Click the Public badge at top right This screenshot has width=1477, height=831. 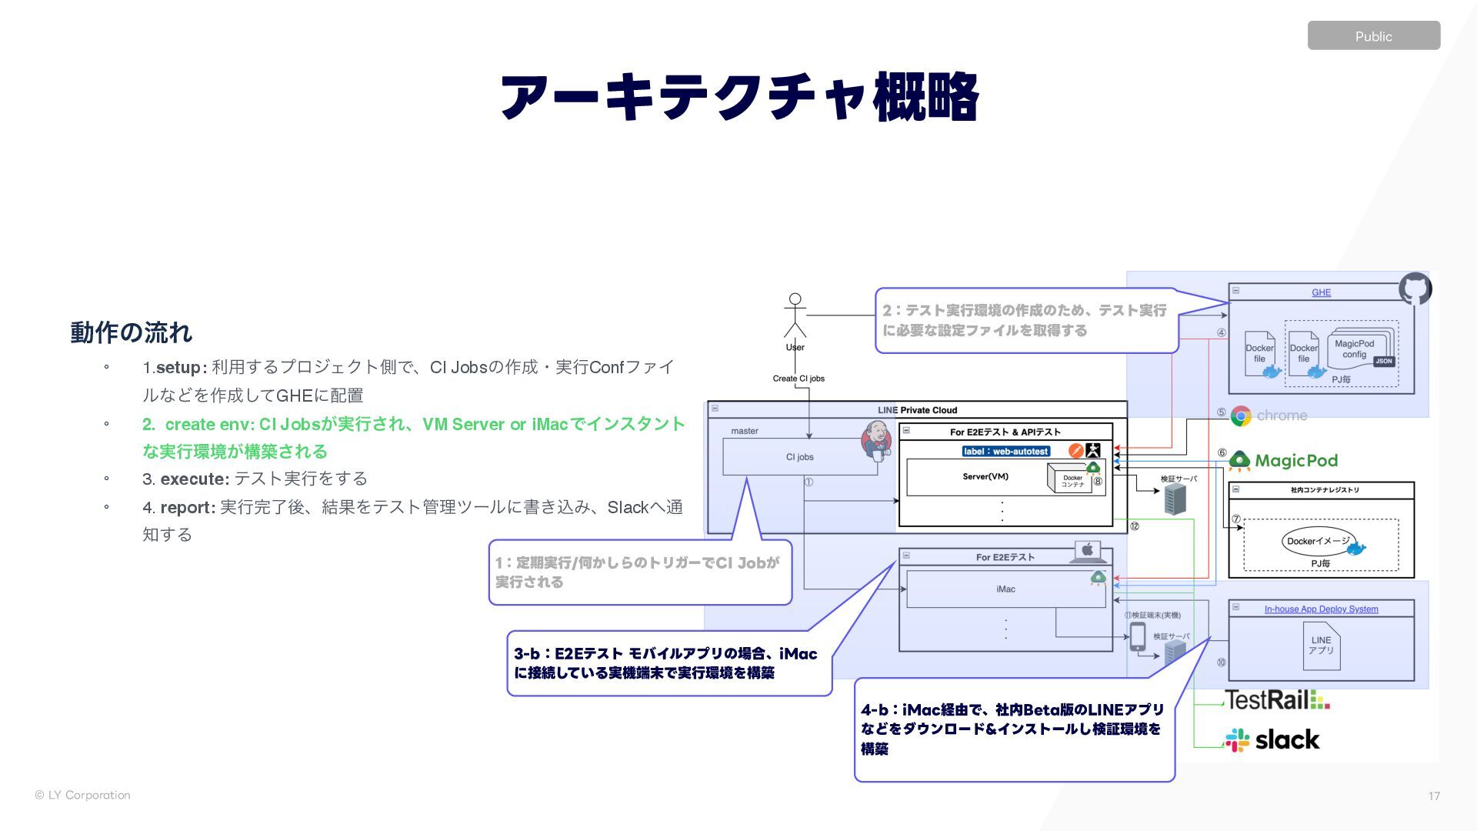(x=1373, y=36)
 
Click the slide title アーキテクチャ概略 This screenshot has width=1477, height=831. (x=738, y=98)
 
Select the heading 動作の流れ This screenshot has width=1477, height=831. (x=131, y=332)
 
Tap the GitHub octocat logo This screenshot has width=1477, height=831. (x=1415, y=289)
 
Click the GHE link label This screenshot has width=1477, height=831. (x=1321, y=292)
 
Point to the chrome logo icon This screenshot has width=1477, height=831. (x=1241, y=416)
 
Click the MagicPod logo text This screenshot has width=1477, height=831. (x=1296, y=461)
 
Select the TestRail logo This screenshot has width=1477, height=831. (x=1277, y=700)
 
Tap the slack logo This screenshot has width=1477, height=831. (x=1273, y=740)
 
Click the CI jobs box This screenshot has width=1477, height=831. (x=799, y=457)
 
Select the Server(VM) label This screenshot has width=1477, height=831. (x=985, y=477)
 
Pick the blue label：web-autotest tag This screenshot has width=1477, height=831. (x=1005, y=451)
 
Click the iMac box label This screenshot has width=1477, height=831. (x=1005, y=589)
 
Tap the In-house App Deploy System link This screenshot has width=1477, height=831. (x=1321, y=609)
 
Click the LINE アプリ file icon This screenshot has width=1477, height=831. (x=1321, y=646)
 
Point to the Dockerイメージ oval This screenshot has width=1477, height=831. (x=1319, y=541)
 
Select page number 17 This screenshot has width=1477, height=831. (x=1434, y=796)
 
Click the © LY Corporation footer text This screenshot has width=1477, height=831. (x=82, y=795)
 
